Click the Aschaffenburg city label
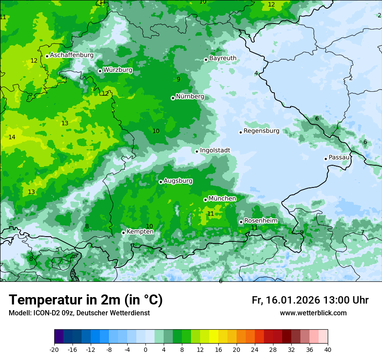(72, 55)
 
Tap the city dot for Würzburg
(100, 71)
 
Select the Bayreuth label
(223, 58)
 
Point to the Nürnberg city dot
(173, 98)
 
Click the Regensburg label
(261, 130)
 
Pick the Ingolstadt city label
(215, 150)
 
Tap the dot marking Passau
(326, 159)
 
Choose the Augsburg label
(178, 181)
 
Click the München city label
(222, 199)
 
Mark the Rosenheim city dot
(241, 222)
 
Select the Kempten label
(140, 231)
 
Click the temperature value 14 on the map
(12, 137)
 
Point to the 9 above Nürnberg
(178, 79)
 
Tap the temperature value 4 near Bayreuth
(256, 73)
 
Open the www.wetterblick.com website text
(313, 313)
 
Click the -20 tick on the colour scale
(54, 349)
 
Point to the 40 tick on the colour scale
(328, 349)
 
